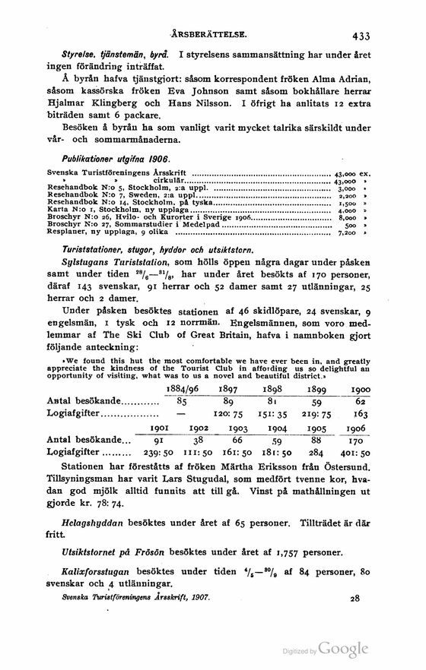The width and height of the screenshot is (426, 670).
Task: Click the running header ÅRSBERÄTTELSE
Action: (211, 34)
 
